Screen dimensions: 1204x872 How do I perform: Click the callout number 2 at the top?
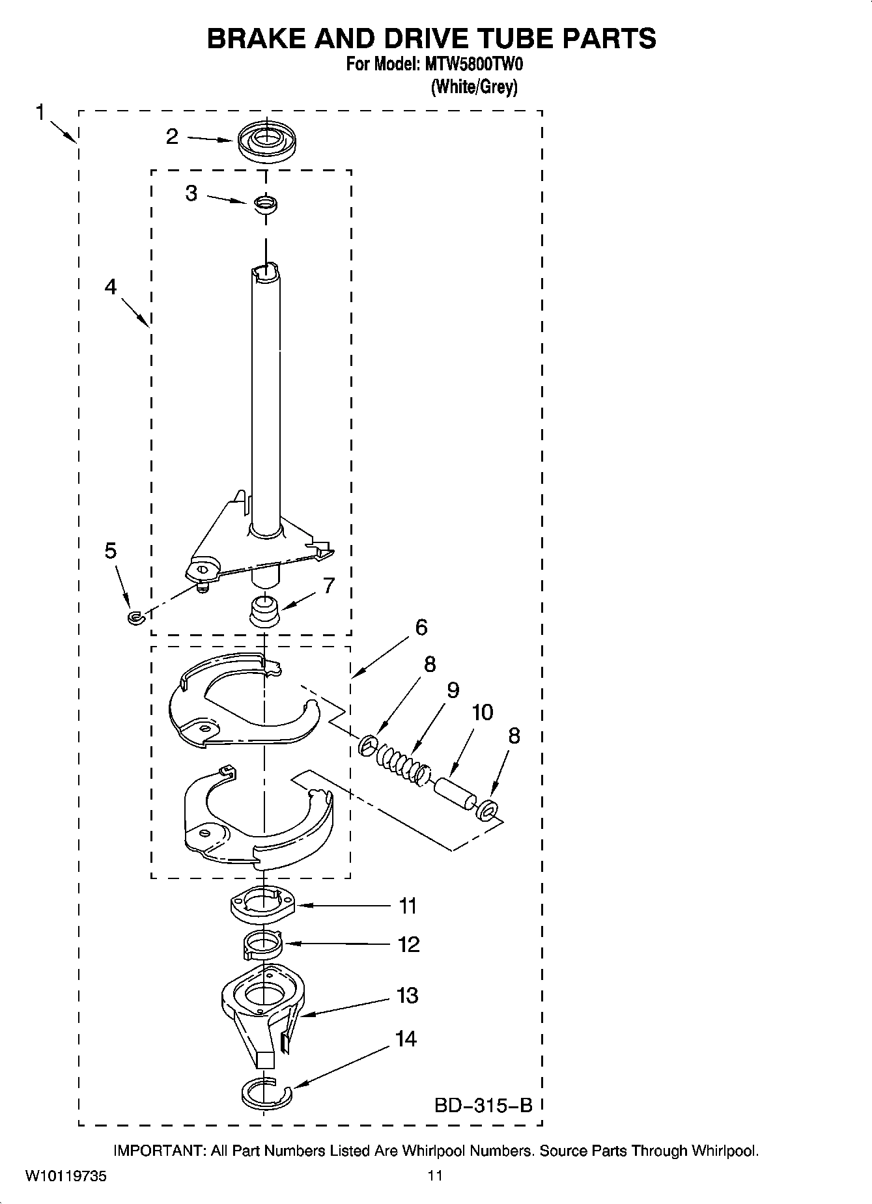[172, 137]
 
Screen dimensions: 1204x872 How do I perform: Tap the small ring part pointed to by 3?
[265, 204]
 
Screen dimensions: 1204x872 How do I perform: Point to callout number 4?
[111, 286]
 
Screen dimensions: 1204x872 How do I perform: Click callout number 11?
[408, 906]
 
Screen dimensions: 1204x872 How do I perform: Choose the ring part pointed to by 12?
[262, 944]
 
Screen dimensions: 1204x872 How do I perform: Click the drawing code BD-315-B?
[483, 1105]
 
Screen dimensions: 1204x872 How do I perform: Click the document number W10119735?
[66, 1176]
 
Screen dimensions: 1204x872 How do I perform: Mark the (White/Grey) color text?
[474, 87]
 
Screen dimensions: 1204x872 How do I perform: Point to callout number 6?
[421, 628]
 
